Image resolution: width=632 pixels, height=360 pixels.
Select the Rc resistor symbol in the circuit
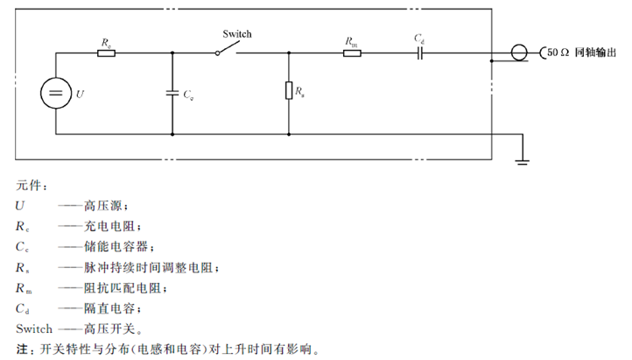(106, 53)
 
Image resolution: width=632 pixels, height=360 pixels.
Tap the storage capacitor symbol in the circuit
(172, 91)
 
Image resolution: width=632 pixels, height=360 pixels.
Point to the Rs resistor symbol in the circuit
(289, 90)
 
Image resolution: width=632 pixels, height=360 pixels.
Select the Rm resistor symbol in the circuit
(352, 53)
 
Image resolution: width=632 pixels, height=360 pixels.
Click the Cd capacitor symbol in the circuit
(419, 53)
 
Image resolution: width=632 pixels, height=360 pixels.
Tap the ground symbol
(523, 159)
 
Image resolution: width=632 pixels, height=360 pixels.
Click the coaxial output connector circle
(520, 53)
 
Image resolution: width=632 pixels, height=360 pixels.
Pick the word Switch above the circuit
(236, 34)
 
